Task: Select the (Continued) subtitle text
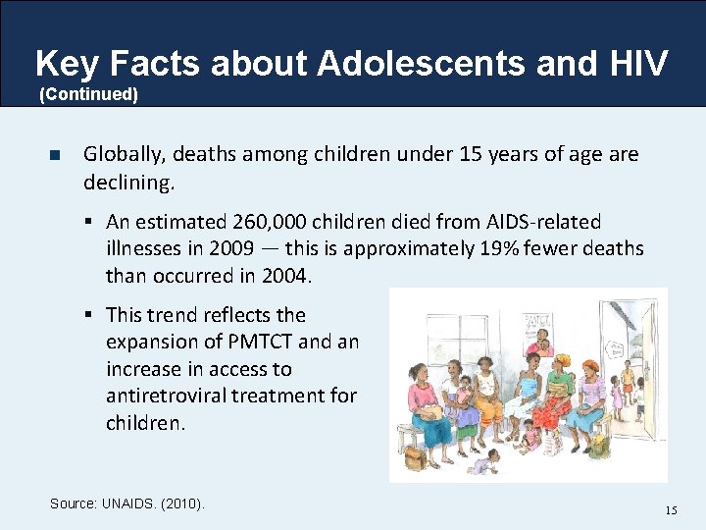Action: tap(88, 95)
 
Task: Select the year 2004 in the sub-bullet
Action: tap(286, 275)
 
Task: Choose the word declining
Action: tap(128, 182)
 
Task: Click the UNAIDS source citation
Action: tap(127, 503)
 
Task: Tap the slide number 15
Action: tap(671, 509)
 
